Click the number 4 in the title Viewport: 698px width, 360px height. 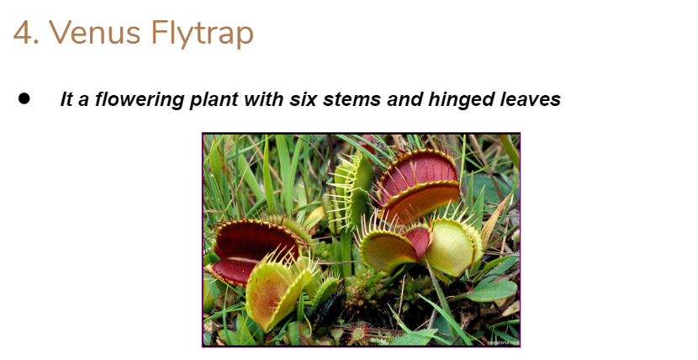coord(24,33)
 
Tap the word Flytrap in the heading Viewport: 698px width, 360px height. coord(203,34)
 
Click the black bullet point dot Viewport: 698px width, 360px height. coord(24,98)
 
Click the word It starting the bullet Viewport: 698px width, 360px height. coord(66,99)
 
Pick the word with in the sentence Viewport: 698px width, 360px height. coord(264,99)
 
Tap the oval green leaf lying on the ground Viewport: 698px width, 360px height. coord(494,291)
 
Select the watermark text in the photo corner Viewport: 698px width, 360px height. coord(503,342)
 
